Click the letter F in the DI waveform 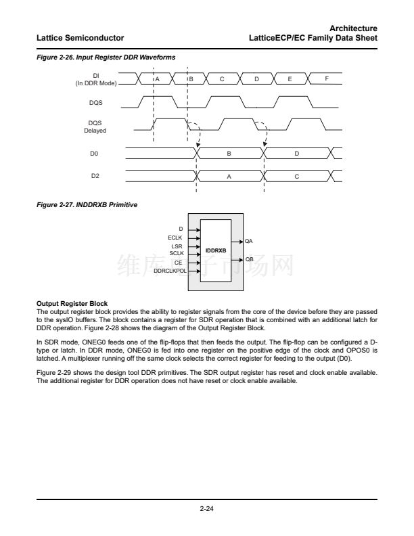326,79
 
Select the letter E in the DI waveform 290,79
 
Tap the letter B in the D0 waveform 229,154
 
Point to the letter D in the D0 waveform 297,154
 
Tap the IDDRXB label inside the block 216,250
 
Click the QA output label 249,241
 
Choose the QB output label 249,259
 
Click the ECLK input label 175,238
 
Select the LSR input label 177,246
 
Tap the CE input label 178,262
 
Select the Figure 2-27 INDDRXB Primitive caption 87,204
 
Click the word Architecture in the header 354,27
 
